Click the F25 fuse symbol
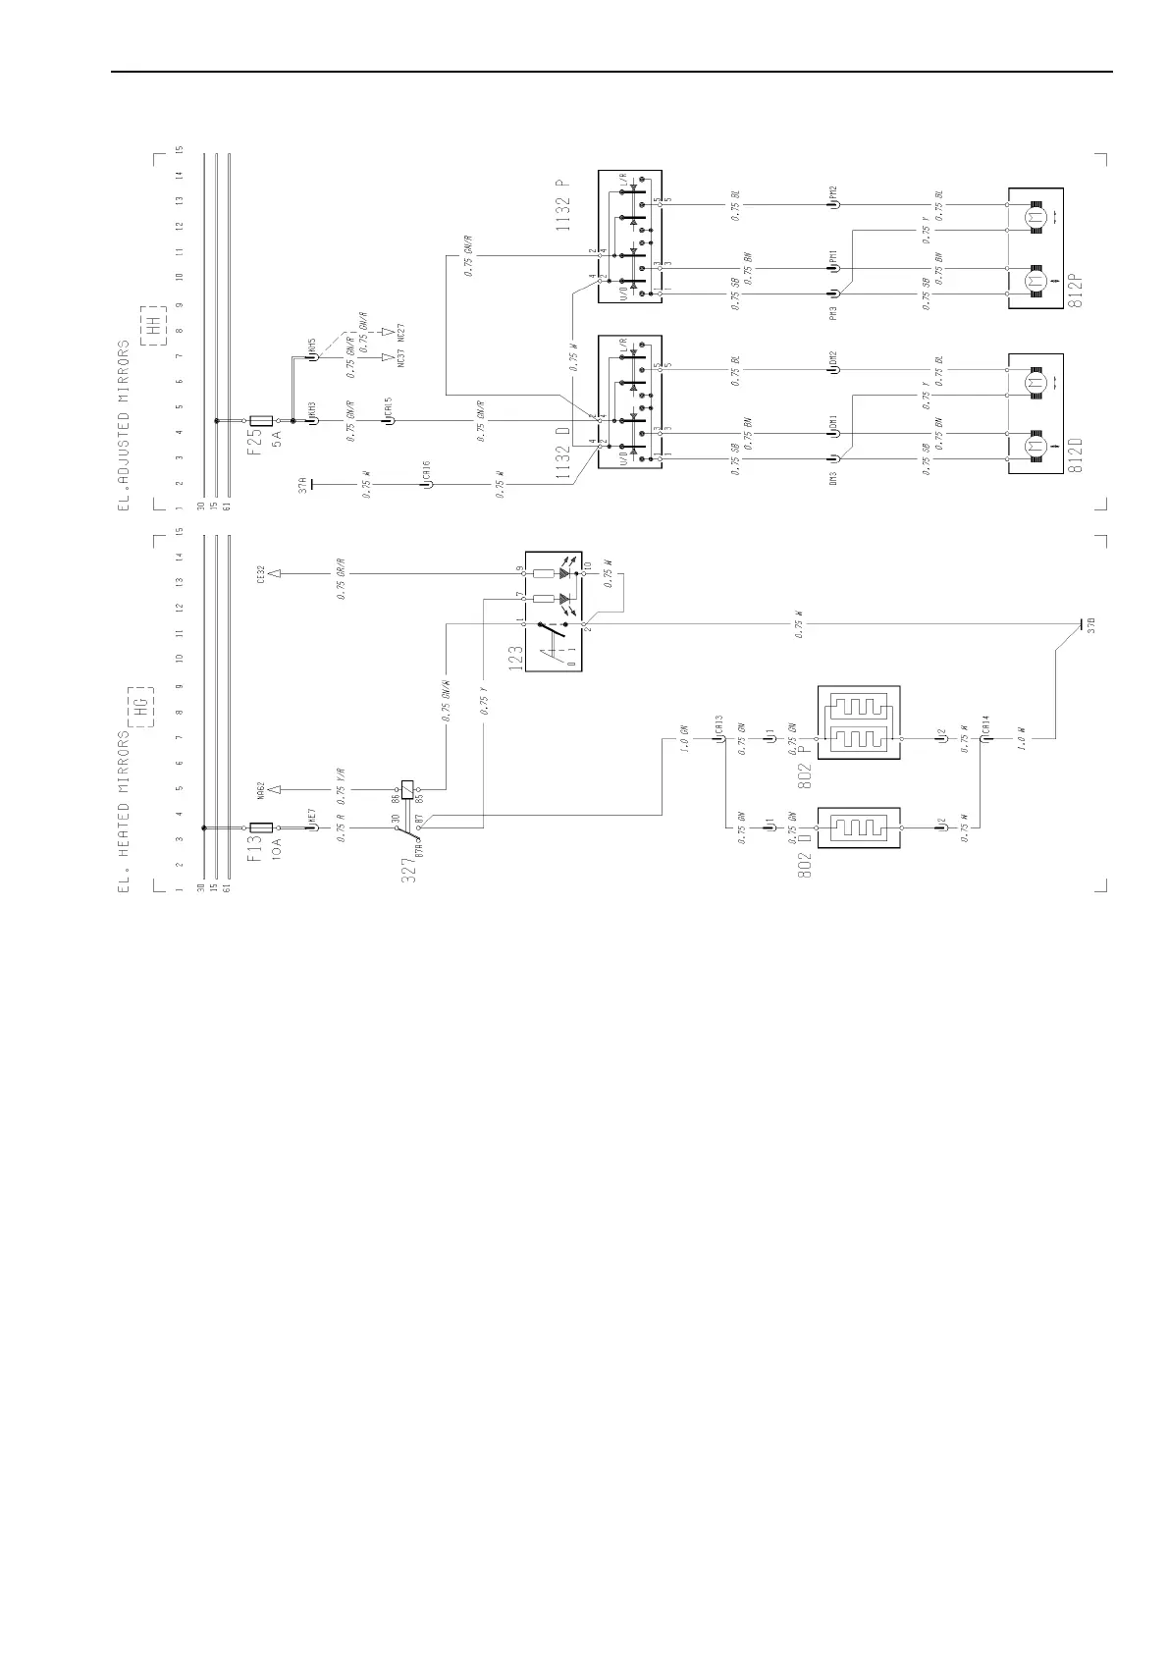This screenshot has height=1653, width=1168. coord(261,421)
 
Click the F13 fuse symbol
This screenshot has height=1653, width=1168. coord(261,828)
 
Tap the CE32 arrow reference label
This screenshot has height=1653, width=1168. coord(260,572)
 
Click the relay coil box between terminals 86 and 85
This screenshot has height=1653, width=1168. coord(407,788)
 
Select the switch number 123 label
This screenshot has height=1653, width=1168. coord(515,657)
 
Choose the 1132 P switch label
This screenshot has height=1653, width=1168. coord(561,206)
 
